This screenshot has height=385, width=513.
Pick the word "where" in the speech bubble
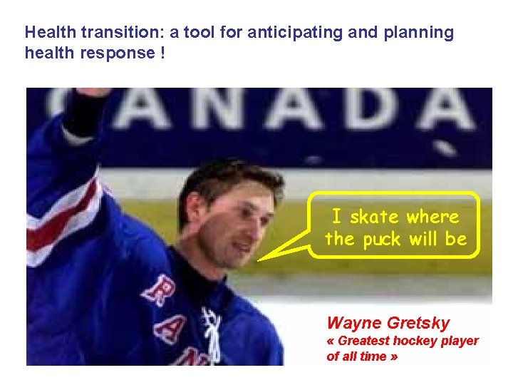433,216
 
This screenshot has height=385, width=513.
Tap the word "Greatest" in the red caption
362,341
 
